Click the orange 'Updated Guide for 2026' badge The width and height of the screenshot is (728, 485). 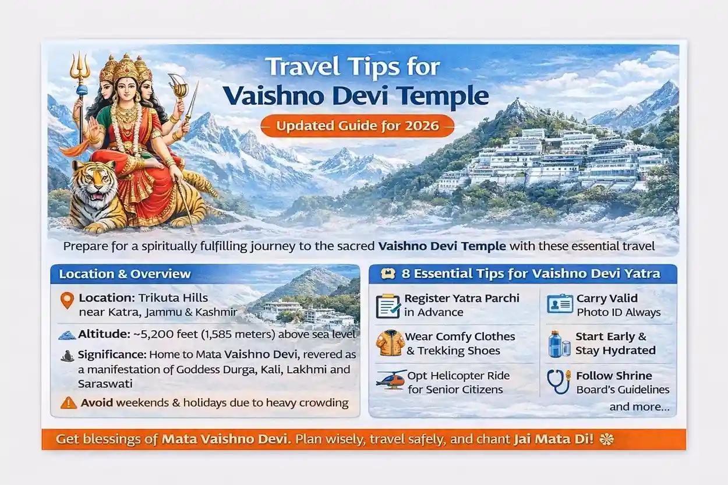coord(357,126)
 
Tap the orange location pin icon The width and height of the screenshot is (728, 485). coord(66,300)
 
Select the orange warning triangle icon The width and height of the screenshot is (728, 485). coord(68,402)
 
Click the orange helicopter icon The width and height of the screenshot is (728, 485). coord(390,380)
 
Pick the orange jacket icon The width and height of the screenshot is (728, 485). coord(390,343)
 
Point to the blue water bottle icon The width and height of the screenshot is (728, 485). coord(559,344)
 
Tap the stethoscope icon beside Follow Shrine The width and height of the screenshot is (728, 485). coord(559,381)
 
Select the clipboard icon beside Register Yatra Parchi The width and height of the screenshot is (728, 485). coord(387,305)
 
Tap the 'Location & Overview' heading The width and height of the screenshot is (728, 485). coord(125,274)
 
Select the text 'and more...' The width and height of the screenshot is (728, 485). coord(639,407)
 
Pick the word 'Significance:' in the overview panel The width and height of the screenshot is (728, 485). coord(111,354)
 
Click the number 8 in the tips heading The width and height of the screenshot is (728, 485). coord(401,274)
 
